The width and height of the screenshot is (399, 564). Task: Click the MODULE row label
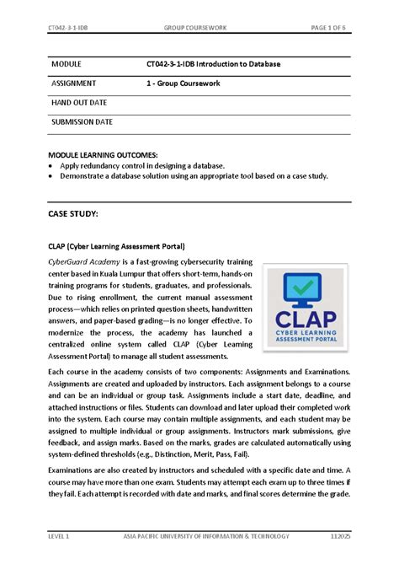[x=67, y=65]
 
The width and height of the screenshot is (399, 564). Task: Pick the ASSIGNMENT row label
[x=74, y=84]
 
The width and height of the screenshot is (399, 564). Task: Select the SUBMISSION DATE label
[x=82, y=122]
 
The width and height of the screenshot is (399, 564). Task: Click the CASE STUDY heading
[x=73, y=215]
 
